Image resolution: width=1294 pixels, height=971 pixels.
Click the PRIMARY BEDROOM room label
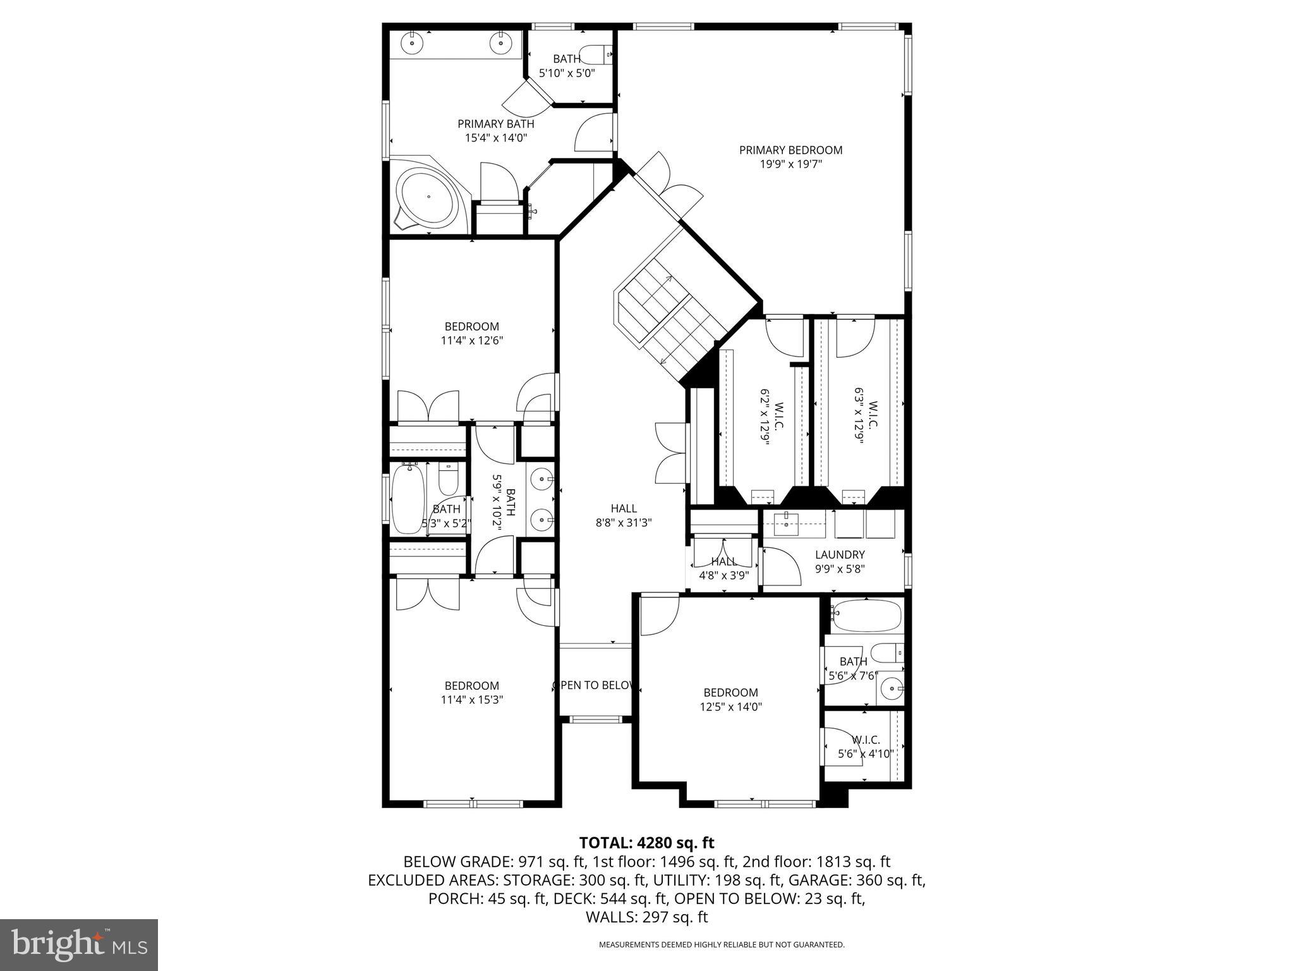790,150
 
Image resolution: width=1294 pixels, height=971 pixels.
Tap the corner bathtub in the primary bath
428,197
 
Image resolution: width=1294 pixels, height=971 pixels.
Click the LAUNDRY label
839,554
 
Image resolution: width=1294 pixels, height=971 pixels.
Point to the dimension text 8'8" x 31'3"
623,523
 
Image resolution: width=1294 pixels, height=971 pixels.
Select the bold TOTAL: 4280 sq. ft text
646,843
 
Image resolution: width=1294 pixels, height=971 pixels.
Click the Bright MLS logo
78,944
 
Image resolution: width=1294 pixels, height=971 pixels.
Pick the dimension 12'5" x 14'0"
730,707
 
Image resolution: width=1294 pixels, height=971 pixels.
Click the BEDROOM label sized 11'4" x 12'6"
471,326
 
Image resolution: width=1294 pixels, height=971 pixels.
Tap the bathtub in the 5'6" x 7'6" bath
866,616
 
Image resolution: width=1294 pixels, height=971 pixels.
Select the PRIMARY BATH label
495,124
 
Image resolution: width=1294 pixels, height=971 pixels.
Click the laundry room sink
786,523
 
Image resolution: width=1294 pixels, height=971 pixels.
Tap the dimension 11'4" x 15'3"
471,700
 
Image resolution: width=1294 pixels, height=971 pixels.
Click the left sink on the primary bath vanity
412,43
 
